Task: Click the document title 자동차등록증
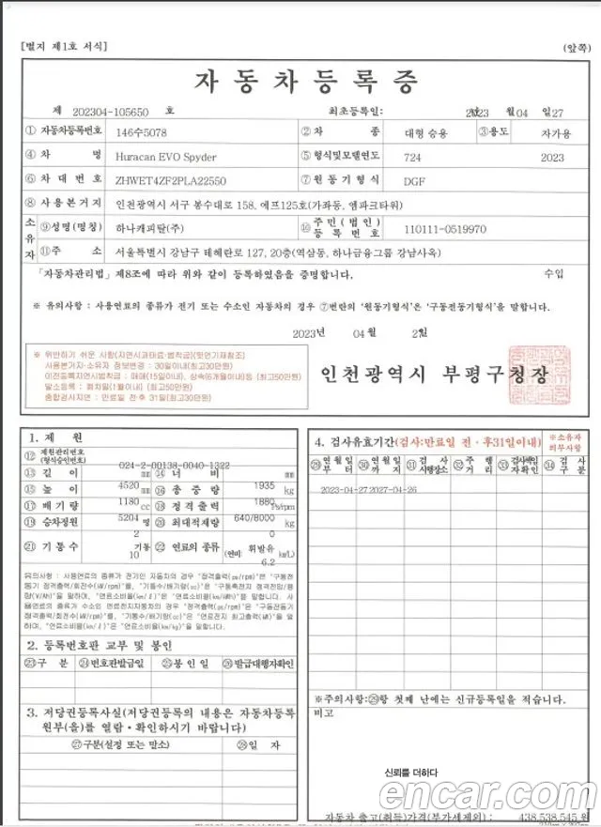(x=304, y=83)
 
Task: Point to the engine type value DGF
(x=414, y=180)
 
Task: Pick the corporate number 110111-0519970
(x=445, y=228)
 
